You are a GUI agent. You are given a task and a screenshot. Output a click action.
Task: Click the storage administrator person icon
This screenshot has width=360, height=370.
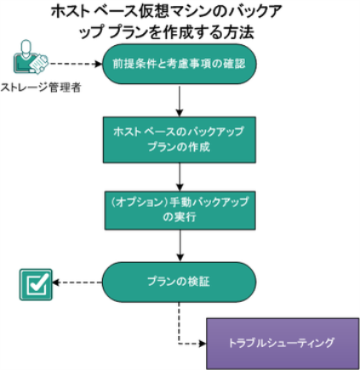pyautogui.click(x=31, y=57)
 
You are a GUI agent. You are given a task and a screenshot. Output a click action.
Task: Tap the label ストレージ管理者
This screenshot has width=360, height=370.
pyautogui.click(x=41, y=88)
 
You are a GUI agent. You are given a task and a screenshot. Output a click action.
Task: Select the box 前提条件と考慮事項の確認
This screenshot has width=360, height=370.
pyautogui.click(x=180, y=64)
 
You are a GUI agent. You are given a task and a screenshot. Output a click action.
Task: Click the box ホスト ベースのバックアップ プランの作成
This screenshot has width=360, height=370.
pyautogui.click(x=180, y=139)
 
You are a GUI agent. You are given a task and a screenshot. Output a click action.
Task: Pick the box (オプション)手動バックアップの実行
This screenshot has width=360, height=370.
pyautogui.click(x=180, y=210)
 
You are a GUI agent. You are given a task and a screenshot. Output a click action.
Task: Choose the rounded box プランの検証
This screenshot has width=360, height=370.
pyautogui.click(x=179, y=282)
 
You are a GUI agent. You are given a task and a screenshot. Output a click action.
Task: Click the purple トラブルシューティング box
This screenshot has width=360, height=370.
pyautogui.click(x=283, y=344)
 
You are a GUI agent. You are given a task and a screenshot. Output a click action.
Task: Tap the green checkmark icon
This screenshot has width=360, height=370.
pyautogui.click(x=36, y=284)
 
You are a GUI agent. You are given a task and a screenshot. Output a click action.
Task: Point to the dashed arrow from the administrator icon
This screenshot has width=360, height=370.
pyautogui.click(x=76, y=64)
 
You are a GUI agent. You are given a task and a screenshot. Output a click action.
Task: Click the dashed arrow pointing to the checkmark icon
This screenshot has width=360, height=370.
pyautogui.click(x=77, y=282)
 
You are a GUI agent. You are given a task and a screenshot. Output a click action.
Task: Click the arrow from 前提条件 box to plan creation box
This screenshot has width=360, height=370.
pyautogui.click(x=180, y=100)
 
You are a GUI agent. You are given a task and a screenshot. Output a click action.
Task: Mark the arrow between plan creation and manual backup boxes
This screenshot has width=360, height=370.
pyautogui.click(x=180, y=177)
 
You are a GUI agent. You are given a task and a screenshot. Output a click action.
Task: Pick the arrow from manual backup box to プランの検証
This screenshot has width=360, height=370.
pyautogui.click(x=180, y=246)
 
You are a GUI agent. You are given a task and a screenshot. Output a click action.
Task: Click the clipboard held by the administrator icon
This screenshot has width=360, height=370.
pyautogui.click(x=39, y=64)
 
